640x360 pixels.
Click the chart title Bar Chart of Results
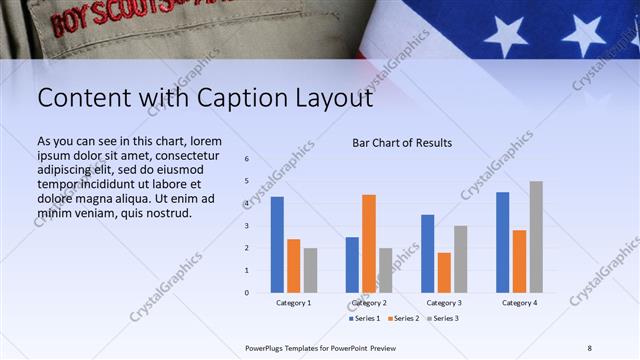coord(402,143)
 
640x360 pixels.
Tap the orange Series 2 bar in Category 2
coord(369,243)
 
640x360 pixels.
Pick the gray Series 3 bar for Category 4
coord(536,237)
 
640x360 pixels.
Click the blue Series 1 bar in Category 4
coord(502,242)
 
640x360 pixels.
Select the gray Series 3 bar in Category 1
coord(311,270)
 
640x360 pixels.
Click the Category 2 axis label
coord(369,303)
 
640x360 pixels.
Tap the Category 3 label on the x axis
coord(444,303)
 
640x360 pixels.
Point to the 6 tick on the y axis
coord(246,159)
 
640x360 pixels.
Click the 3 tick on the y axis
coord(246,226)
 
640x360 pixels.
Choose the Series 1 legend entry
coord(365,319)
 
